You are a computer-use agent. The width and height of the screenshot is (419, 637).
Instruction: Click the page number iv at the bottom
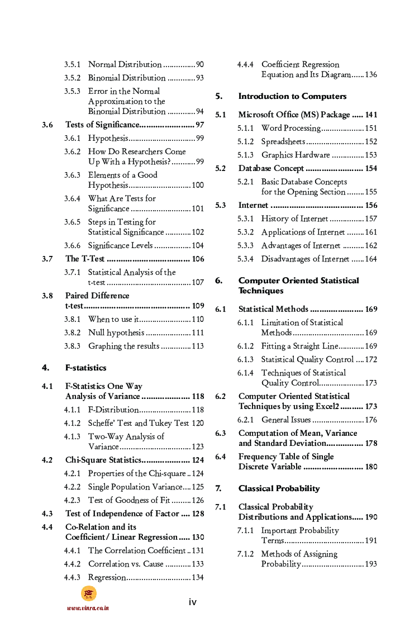pyautogui.click(x=192, y=602)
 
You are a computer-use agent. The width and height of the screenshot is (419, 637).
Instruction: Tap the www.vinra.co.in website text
pyautogui.click(x=88, y=608)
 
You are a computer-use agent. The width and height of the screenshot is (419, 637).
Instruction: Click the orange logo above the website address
pyautogui.click(x=88, y=593)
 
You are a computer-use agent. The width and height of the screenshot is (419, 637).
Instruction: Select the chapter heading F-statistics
pyautogui.click(x=85, y=368)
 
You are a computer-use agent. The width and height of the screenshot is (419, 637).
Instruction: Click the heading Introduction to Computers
pyautogui.click(x=292, y=96)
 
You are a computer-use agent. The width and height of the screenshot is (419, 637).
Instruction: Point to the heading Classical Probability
pyautogui.click(x=279, y=488)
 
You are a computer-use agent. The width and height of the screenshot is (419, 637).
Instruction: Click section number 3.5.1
pyautogui.click(x=72, y=65)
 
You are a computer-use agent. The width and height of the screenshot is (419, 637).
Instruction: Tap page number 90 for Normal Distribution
pyautogui.click(x=199, y=65)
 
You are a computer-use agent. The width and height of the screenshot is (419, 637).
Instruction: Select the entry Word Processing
pyautogui.click(x=291, y=129)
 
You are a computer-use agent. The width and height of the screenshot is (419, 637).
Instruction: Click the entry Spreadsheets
pyautogui.click(x=283, y=142)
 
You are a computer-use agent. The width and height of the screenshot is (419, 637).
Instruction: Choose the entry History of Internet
pyautogui.click(x=294, y=219)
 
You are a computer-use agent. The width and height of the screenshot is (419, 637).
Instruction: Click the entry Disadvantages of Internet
pyautogui.click(x=305, y=259)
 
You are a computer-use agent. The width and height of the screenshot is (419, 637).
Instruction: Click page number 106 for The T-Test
pyautogui.click(x=198, y=259)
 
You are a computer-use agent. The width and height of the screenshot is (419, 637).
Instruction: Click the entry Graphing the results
pyautogui.click(x=123, y=346)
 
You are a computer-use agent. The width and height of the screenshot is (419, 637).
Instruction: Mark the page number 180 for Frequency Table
pyautogui.click(x=371, y=467)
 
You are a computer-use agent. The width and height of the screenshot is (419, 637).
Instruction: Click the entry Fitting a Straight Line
pyautogui.click(x=299, y=346)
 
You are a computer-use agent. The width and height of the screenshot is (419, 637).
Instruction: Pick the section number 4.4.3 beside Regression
pyautogui.click(x=72, y=578)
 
